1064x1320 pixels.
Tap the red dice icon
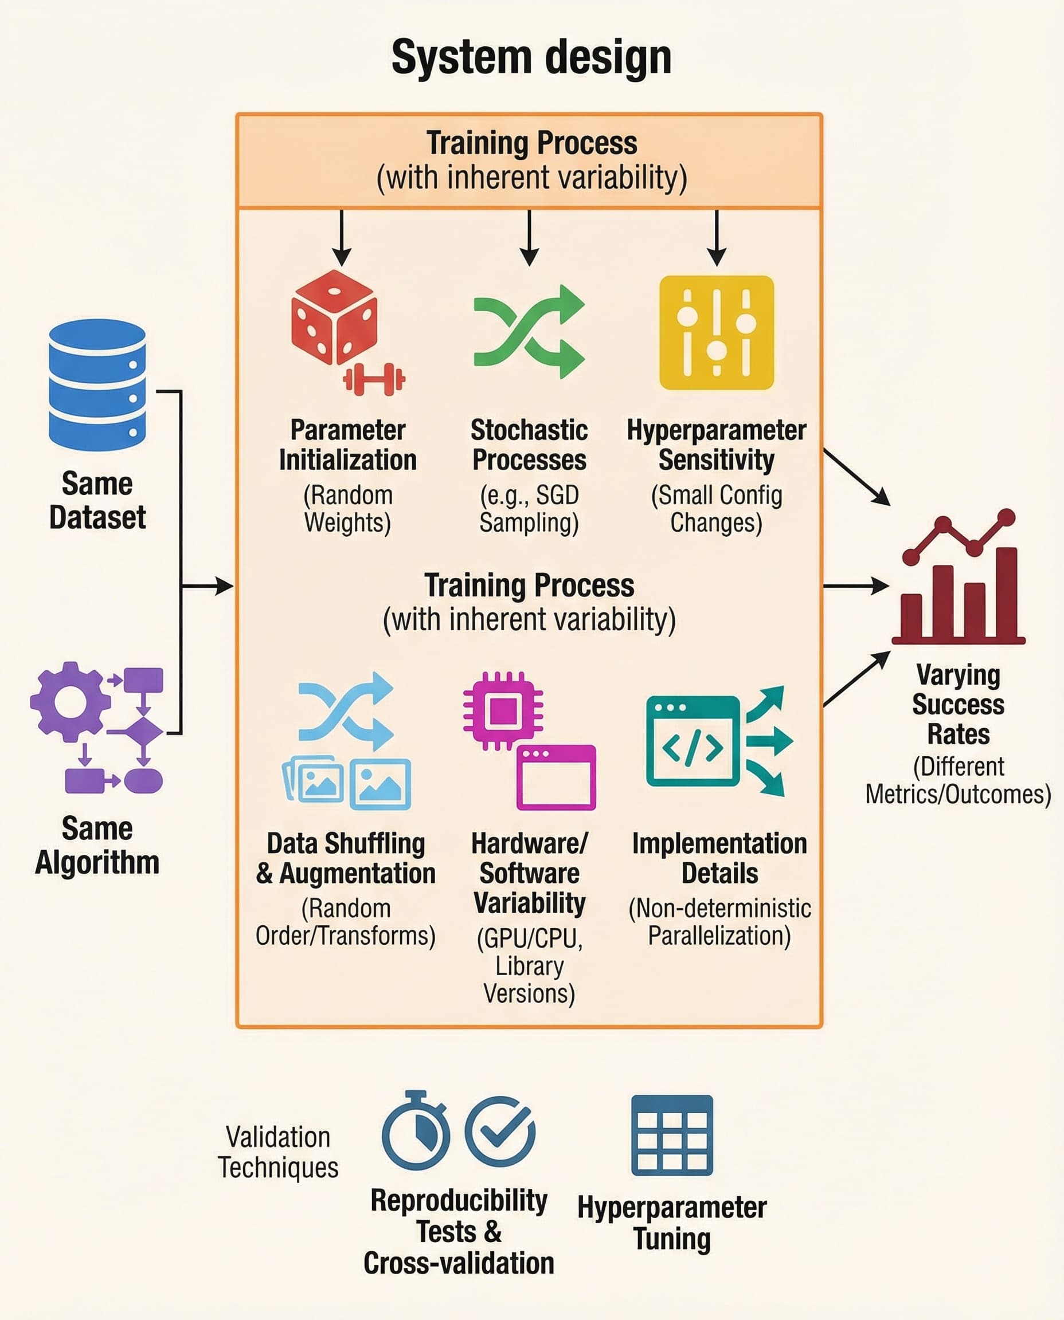pyautogui.click(x=334, y=317)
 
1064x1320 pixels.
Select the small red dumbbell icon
pyautogui.click(x=374, y=379)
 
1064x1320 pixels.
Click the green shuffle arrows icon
pyautogui.click(x=529, y=331)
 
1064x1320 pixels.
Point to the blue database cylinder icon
pyautogui.click(x=97, y=384)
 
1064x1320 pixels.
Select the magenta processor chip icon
pyautogui.click(x=503, y=711)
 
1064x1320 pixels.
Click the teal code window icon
pyautogui.click(x=693, y=741)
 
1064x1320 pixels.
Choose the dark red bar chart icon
pyautogui.click(x=958, y=576)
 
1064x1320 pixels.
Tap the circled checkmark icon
pyautogui.click(x=500, y=1131)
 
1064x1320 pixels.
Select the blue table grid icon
pyautogui.click(x=672, y=1135)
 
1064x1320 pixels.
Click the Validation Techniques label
pyautogui.click(x=278, y=1152)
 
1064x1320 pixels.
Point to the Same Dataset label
pyautogui.click(x=97, y=500)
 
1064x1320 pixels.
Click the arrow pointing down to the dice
pyautogui.click(x=342, y=238)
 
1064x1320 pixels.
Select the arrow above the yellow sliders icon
pyautogui.click(x=717, y=238)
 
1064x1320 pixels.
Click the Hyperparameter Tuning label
pyautogui.click(x=672, y=1223)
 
